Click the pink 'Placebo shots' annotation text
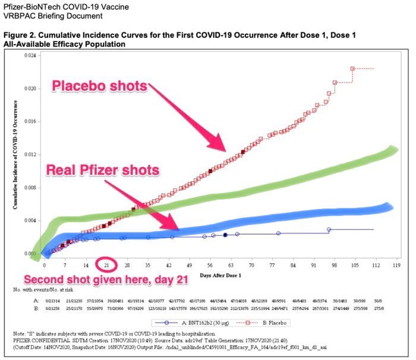99,86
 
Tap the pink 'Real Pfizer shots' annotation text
102,170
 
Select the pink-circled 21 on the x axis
106,264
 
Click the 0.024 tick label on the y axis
30,55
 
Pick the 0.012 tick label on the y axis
30,154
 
